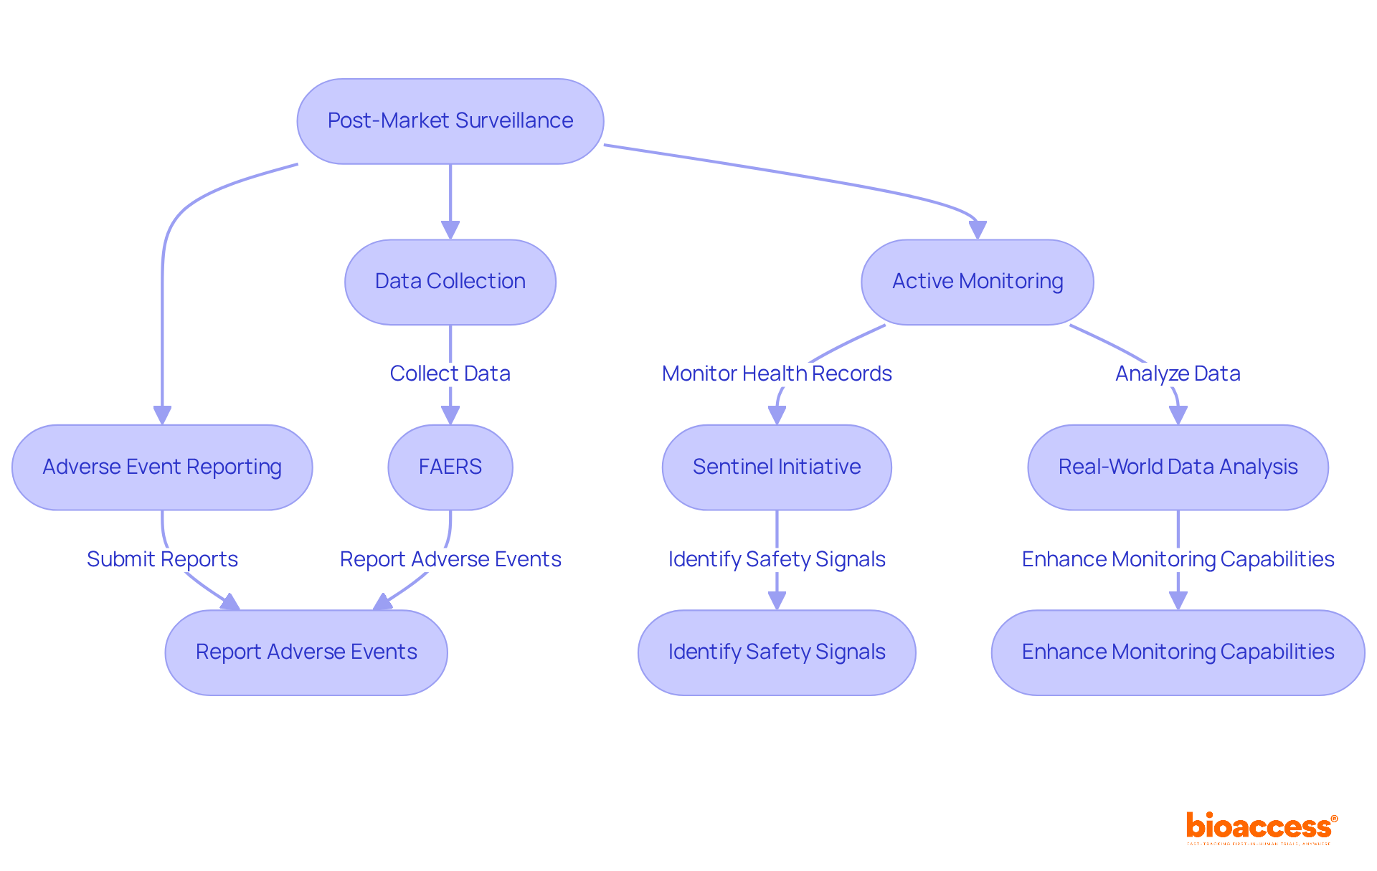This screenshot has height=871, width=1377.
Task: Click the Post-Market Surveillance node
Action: pos(450,121)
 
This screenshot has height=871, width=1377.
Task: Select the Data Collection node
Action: pos(450,282)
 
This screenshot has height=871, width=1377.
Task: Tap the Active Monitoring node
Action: pos(977,282)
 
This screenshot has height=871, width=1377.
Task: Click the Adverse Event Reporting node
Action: pos(162,467)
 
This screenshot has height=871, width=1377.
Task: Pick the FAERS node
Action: pos(450,467)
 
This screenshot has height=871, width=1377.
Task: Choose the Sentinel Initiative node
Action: pos(777,467)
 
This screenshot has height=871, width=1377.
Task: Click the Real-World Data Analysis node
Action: pos(1178,467)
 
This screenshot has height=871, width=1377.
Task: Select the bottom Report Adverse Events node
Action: pos(306,652)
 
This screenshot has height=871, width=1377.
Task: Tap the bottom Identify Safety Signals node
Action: pos(777,652)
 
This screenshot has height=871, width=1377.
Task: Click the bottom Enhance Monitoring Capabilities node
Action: pos(1178,652)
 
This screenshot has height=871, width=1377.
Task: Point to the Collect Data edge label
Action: pos(450,373)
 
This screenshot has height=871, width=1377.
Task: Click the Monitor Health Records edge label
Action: pos(777,373)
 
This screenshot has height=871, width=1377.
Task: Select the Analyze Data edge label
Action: pos(1178,373)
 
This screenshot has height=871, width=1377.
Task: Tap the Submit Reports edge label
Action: pos(162,559)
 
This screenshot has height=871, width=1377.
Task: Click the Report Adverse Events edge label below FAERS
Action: pos(450,559)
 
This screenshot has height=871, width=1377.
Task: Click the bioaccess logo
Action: pos(1261,827)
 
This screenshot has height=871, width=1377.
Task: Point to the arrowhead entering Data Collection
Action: pos(450,230)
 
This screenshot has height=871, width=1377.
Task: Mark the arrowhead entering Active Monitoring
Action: pos(977,230)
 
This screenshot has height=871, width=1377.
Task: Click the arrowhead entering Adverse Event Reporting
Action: pos(162,415)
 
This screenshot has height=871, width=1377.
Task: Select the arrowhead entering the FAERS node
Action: pos(450,415)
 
